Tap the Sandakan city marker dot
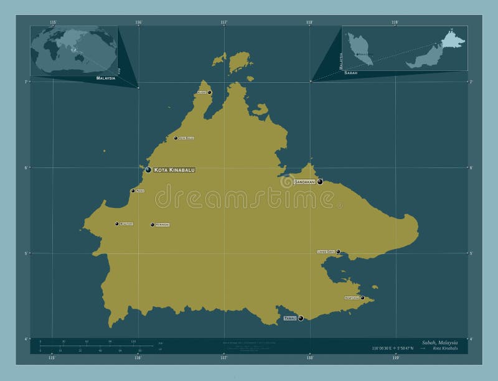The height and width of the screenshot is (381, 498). coord(320,182)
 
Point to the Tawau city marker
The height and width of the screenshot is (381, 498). coord(301,318)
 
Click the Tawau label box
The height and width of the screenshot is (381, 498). coord(290,318)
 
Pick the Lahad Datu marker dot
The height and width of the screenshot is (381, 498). coord(338,252)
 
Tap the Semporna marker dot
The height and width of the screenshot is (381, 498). coord(362,298)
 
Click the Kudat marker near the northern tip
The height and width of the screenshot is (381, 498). coord(209,92)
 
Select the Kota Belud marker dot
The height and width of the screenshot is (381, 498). coord(176,138)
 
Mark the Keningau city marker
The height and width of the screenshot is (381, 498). coord(153,224)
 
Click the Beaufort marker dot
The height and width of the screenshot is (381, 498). coord(116,223)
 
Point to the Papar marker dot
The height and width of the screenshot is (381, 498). coord(133,190)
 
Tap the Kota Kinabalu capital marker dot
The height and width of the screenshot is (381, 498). coord(148,169)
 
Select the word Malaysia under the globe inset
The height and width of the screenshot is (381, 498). coord(105,79)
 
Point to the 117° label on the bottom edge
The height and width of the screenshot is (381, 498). coord(223,358)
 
